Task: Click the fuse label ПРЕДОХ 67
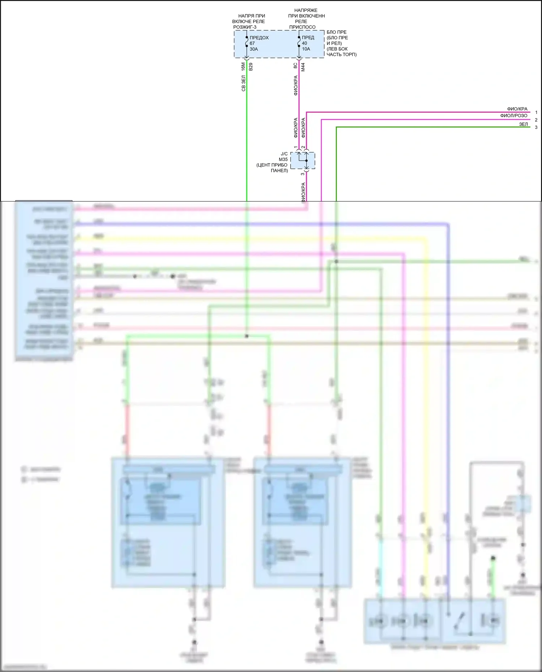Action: click(x=259, y=40)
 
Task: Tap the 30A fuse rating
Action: click(x=254, y=49)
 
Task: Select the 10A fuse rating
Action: click(x=306, y=49)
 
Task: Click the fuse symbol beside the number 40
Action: click(x=299, y=43)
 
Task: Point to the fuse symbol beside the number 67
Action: click(x=247, y=43)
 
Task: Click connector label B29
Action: click(x=251, y=67)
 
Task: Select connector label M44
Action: click(x=303, y=67)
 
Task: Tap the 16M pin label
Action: click(x=243, y=66)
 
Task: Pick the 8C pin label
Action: click(x=295, y=66)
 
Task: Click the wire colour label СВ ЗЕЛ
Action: click(x=243, y=83)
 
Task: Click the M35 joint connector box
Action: click(x=303, y=160)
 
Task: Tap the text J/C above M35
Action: click(x=284, y=154)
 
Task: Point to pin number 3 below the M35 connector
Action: click(x=303, y=174)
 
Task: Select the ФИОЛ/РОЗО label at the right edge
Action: click(x=513, y=116)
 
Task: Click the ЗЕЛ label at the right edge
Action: click(x=523, y=124)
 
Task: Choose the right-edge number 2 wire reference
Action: click(x=536, y=120)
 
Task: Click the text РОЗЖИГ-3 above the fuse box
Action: click(x=245, y=27)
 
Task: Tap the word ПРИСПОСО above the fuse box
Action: click(x=302, y=27)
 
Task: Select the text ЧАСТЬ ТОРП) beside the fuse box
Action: click(x=342, y=55)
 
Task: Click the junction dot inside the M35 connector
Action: click(x=306, y=161)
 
